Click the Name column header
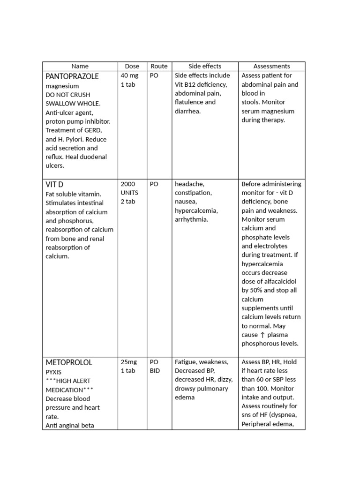(x=80, y=67)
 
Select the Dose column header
(x=132, y=67)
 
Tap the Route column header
(x=159, y=67)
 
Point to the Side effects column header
(x=205, y=67)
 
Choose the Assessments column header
(x=271, y=67)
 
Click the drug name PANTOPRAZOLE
(x=72, y=76)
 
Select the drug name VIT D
(x=54, y=185)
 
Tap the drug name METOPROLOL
(x=69, y=362)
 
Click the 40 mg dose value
(x=129, y=76)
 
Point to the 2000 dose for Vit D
(x=128, y=184)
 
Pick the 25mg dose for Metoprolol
(x=129, y=362)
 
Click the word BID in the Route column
(x=155, y=371)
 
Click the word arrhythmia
(x=191, y=220)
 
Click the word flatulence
(x=189, y=102)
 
